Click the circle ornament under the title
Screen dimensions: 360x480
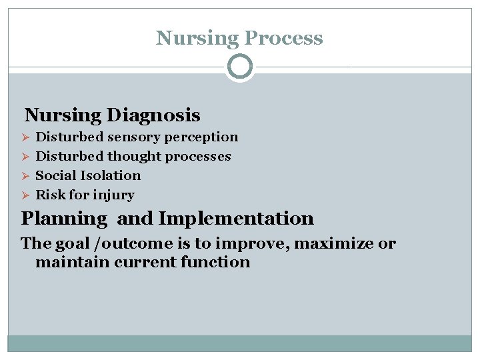[240, 67]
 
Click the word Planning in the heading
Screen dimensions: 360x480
[64, 219]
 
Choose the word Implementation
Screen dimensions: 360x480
[236, 219]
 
